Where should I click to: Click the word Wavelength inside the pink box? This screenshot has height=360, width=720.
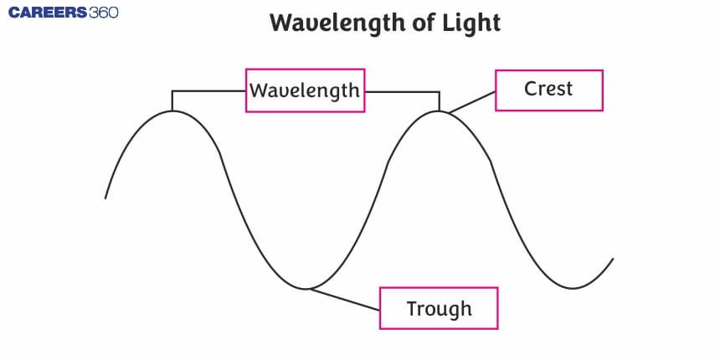click(306, 90)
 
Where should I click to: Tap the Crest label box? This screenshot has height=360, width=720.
click(548, 90)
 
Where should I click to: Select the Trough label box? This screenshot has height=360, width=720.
click(439, 308)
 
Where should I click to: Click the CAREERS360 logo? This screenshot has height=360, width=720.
click(59, 13)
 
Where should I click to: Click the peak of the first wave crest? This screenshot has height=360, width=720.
click(172, 111)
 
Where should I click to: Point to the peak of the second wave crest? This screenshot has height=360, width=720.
click(439, 111)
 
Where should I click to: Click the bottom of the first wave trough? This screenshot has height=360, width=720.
click(306, 289)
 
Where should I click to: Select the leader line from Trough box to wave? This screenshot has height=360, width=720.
click(345, 300)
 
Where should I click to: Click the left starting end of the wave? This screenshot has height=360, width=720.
click(105, 198)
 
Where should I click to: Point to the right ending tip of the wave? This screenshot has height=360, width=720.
click(613, 259)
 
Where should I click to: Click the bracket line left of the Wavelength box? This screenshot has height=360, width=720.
click(209, 90)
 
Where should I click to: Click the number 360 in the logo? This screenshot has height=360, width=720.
click(101, 13)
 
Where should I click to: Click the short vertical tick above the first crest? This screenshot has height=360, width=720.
click(172, 100)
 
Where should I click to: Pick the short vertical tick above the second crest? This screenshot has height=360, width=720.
click(439, 100)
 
